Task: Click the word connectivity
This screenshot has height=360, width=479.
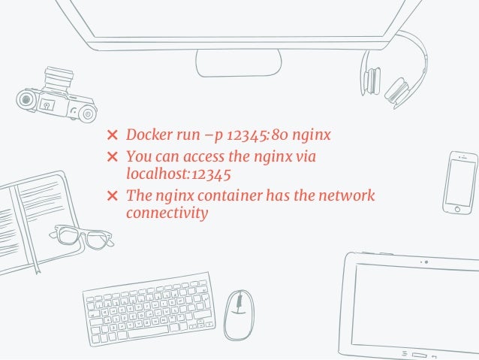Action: pyautogui.click(x=166, y=213)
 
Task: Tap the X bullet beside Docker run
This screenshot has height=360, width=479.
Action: pyautogui.click(x=112, y=136)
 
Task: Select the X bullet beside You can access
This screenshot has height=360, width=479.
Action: pyautogui.click(x=112, y=158)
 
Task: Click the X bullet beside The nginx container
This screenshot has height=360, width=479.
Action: pyautogui.click(x=112, y=196)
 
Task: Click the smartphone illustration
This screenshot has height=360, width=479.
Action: pyautogui.click(x=459, y=183)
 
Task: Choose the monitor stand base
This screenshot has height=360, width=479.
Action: pyautogui.click(x=239, y=62)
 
